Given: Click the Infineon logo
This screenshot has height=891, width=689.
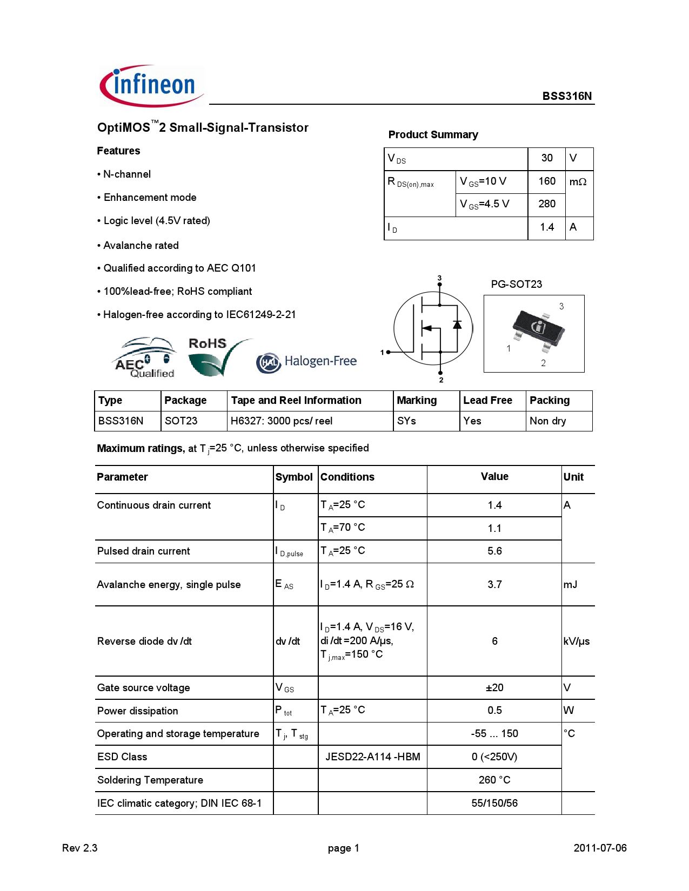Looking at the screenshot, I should click(152, 86).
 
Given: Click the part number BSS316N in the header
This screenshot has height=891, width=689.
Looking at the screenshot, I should click(566, 96).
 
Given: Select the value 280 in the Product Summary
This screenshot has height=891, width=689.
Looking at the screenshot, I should click(546, 204).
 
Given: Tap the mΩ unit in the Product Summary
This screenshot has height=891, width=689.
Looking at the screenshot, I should click(578, 182).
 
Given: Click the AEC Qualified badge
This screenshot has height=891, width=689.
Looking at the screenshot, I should click(145, 358).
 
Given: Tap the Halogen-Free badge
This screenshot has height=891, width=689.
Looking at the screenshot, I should click(306, 361).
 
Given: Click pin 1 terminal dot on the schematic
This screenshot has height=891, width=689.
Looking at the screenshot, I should click(388, 352).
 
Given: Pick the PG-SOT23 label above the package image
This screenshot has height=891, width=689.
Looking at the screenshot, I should click(516, 284).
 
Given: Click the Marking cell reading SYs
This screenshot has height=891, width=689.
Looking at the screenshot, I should click(406, 421).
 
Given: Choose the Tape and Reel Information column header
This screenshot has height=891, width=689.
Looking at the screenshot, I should click(296, 400).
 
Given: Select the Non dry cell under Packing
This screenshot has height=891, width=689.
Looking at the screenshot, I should click(547, 421).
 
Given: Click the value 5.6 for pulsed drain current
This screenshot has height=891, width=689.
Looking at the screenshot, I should click(494, 551).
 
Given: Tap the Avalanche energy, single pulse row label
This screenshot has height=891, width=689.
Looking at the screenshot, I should click(169, 584).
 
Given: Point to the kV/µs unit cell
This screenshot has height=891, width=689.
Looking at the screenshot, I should click(576, 641).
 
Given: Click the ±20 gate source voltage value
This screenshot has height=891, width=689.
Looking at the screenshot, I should click(494, 687).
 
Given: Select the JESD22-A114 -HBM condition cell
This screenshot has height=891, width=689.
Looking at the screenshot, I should click(372, 757).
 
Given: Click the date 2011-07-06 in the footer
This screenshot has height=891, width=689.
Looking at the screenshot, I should click(600, 848).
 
